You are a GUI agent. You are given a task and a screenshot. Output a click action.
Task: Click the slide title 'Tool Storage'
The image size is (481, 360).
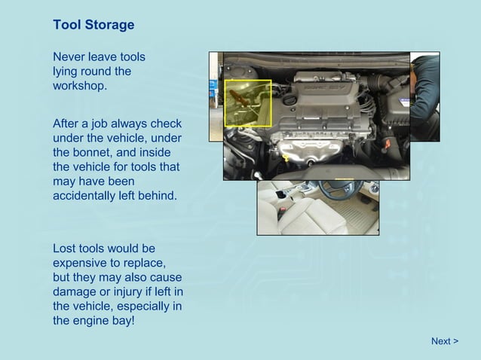tap(93, 25)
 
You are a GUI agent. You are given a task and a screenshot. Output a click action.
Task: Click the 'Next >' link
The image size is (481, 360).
tap(444, 341)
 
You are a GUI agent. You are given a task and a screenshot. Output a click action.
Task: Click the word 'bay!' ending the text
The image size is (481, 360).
tap(121, 320)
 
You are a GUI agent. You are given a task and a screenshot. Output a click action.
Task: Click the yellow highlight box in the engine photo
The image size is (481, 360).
tap(248, 103)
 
